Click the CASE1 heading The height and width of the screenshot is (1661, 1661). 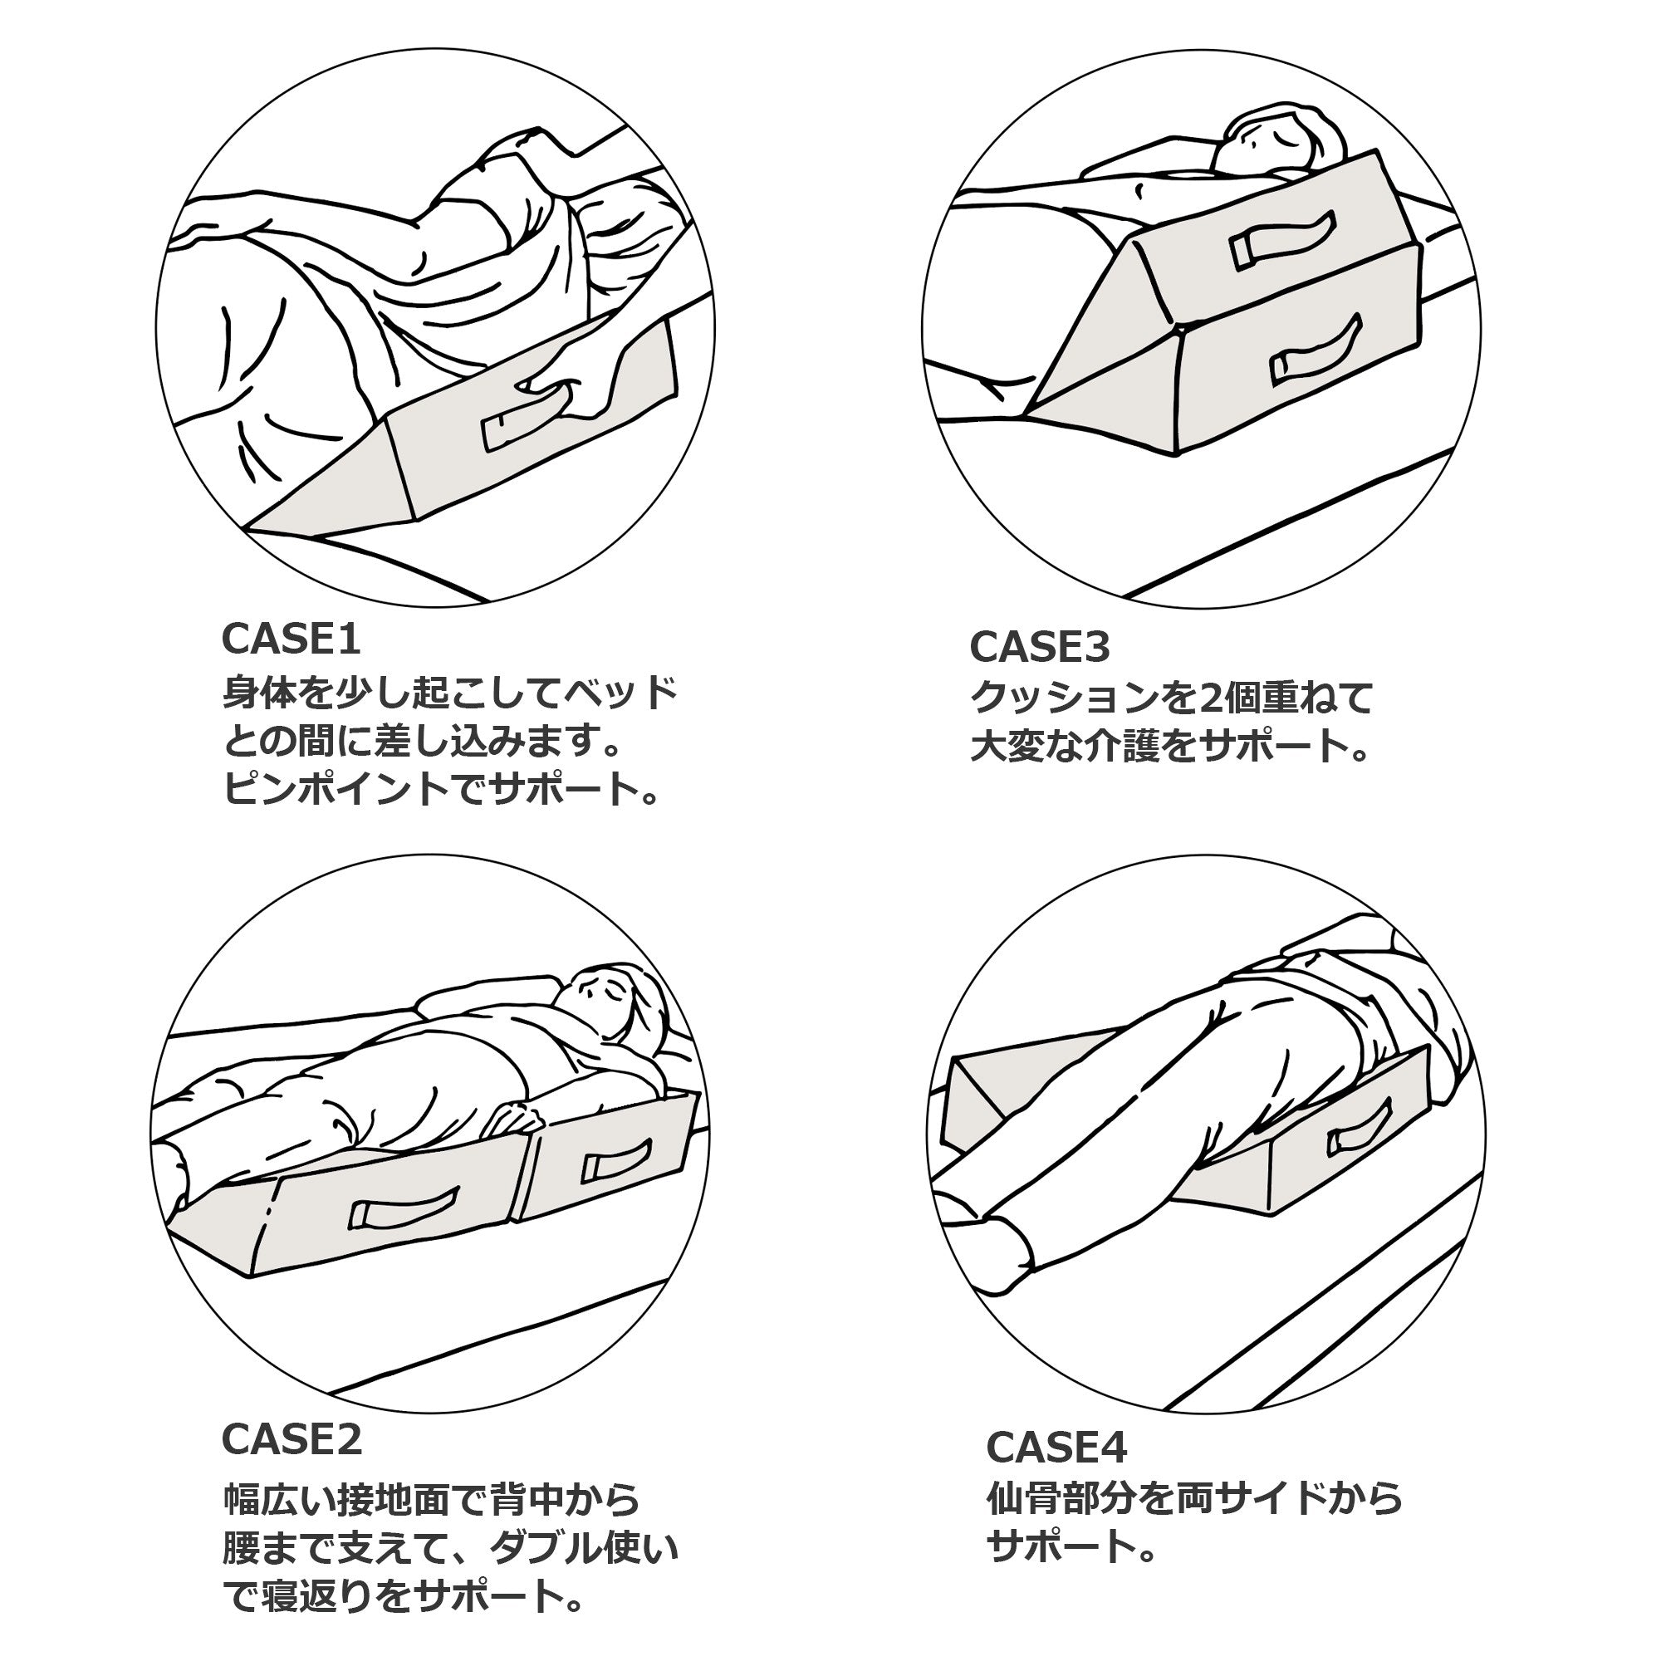tap(291, 639)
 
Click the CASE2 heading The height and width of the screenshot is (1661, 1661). tap(292, 1438)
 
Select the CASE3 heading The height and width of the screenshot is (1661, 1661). tap(1040, 646)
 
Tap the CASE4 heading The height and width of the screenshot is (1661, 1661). tap(1056, 1447)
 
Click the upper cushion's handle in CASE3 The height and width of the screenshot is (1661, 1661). tap(1281, 241)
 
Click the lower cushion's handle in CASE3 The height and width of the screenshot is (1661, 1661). tap(1316, 355)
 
